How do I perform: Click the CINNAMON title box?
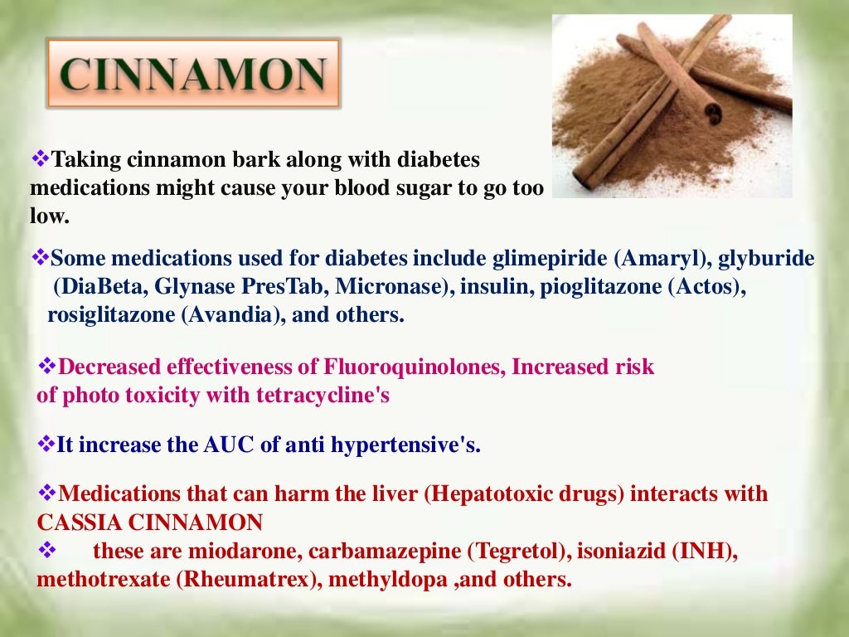(193, 73)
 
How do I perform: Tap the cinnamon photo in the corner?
(672, 106)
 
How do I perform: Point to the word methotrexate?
(104, 579)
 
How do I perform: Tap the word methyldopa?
(390, 579)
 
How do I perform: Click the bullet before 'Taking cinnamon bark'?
(41, 158)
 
